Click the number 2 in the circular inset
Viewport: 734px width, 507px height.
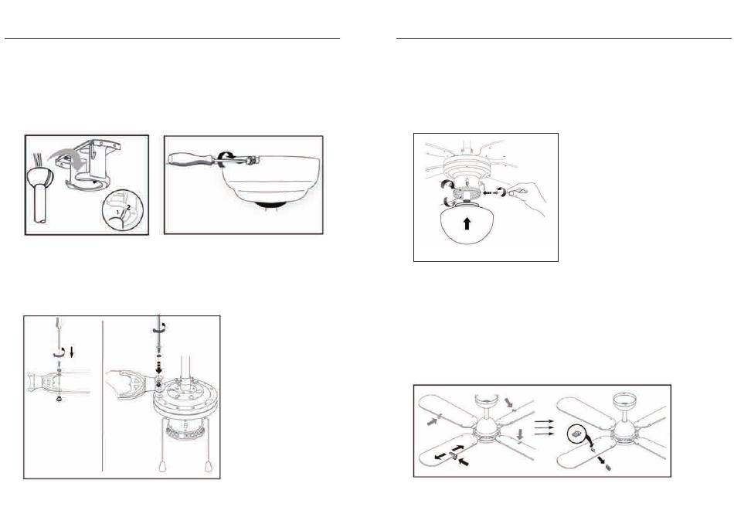click(x=128, y=209)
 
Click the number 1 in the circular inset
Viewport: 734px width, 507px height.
click(x=118, y=213)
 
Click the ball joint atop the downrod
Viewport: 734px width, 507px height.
click(x=39, y=179)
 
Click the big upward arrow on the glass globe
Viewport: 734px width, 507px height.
click(x=466, y=224)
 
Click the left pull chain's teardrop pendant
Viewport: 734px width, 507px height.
click(x=164, y=466)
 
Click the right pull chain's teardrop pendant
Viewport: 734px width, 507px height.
click(x=208, y=466)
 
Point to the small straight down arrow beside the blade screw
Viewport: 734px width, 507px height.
click(x=72, y=352)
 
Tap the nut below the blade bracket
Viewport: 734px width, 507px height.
click(x=59, y=399)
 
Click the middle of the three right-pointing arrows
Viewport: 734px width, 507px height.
click(x=544, y=428)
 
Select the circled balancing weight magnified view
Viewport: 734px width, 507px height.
click(x=576, y=434)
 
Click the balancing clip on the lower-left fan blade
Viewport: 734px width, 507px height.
click(x=453, y=455)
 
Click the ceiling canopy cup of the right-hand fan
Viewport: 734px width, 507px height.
click(x=624, y=400)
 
